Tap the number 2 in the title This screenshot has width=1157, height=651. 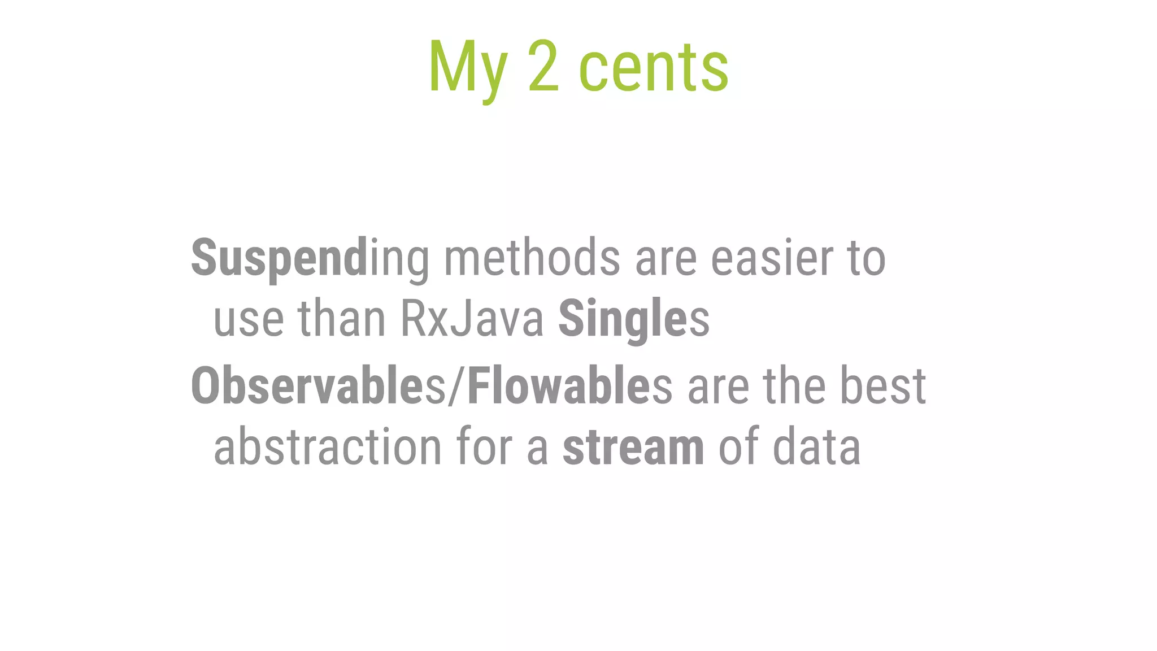coord(543,67)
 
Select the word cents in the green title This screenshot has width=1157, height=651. coord(654,69)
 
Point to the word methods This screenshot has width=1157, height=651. coord(532,258)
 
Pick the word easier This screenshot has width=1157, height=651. coord(771,258)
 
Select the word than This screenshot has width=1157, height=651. coord(342,319)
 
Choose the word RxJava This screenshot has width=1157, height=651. coord(472,319)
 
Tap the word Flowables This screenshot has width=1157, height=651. coord(569,385)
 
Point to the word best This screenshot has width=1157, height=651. coord(883,385)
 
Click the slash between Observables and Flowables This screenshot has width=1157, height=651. coord(456,387)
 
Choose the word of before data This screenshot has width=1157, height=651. coord(738,446)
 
